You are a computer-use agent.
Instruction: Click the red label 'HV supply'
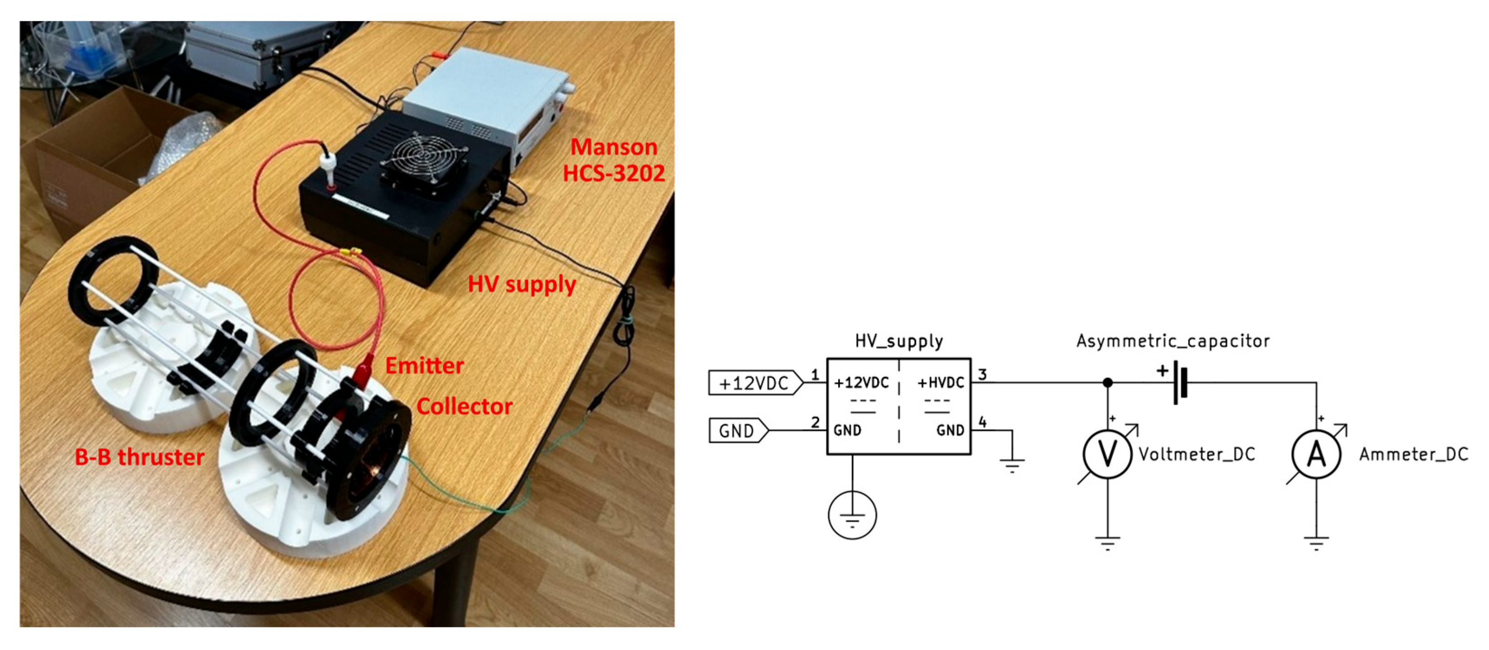pyautogui.click(x=521, y=284)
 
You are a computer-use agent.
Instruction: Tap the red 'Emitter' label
pyautogui.click(x=424, y=366)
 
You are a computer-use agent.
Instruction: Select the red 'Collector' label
pyautogui.click(x=464, y=406)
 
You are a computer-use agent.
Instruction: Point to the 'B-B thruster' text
pyautogui.click(x=139, y=457)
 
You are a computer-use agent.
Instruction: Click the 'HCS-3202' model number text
pyautogui.click(x=614, y=173)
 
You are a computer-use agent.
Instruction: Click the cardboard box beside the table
pyautogui.click(x=87, y=156)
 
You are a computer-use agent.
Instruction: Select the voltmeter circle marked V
pyautogui.click(x=1107, y=454)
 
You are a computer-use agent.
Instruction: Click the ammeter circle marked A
pyautogui.click(x=1316, y=454)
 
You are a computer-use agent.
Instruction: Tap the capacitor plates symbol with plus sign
pyautogui.click(x=1179, y=383)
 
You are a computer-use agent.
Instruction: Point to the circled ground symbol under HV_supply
pyautogui.click(x=852, y=515)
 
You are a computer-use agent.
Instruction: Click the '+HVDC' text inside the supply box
pyautogui.click(x=941, y=383)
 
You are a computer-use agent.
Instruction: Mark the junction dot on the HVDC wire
pyautogui.click(x=1107, y=382)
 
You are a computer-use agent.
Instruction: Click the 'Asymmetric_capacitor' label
pyautogui.click(x=1173, y=341)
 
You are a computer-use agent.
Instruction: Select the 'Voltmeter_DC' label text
pyautogui.click(x=1197, y=454)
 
